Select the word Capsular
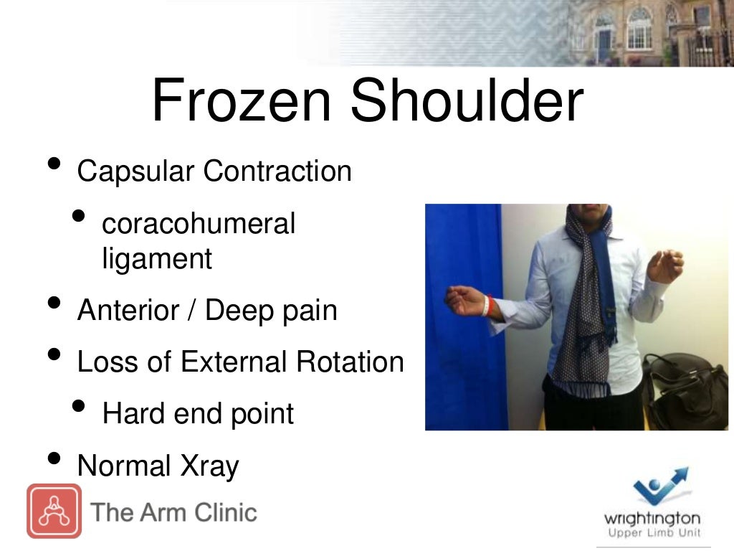[x=135, y=171]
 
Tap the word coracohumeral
[x=199, y=224]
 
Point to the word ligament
[x=157, y=258]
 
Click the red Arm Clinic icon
[x=54, y=511]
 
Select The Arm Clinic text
[x=174, y=512]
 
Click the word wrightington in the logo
[x=652, y=518]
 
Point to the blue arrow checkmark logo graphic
[x=659, y=486]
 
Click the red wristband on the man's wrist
[x=487, y=305]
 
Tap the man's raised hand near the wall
[x=664, y=265]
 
